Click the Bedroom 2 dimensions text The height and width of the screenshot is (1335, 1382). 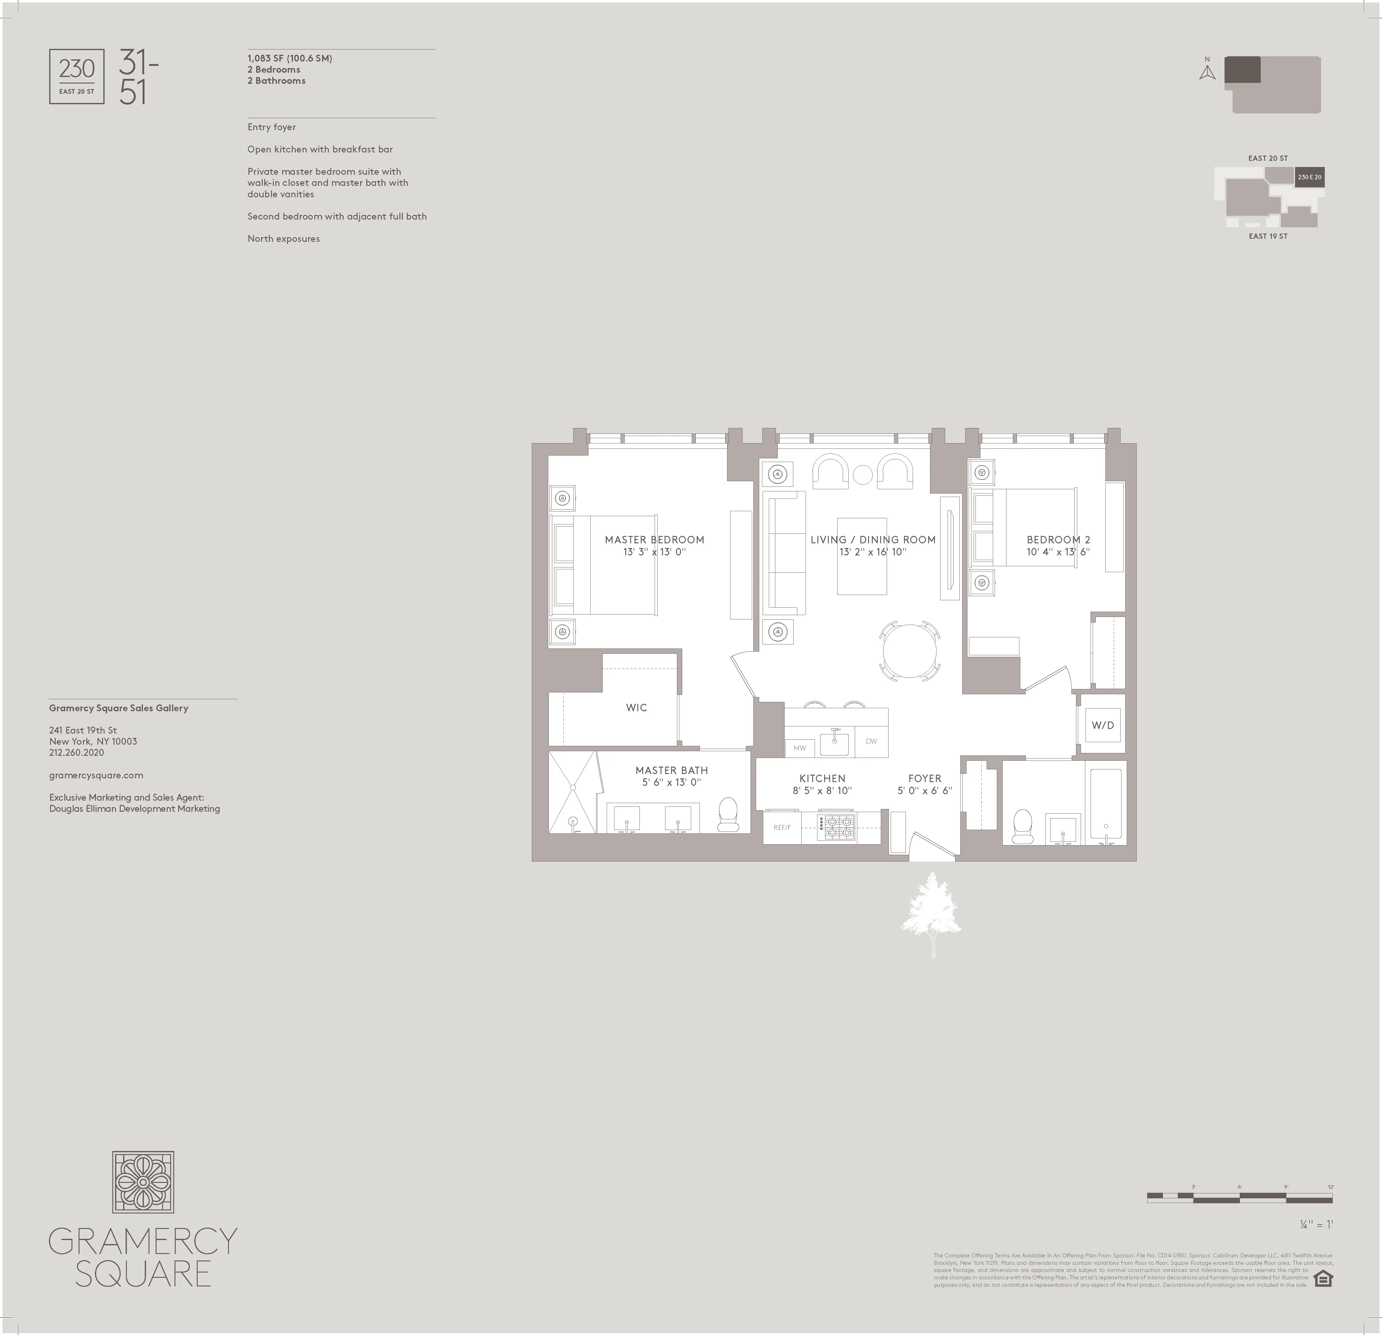(1058, 552)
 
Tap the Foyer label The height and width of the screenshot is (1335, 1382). (924, 778)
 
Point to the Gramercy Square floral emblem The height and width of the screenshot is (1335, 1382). (143, 1182)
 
